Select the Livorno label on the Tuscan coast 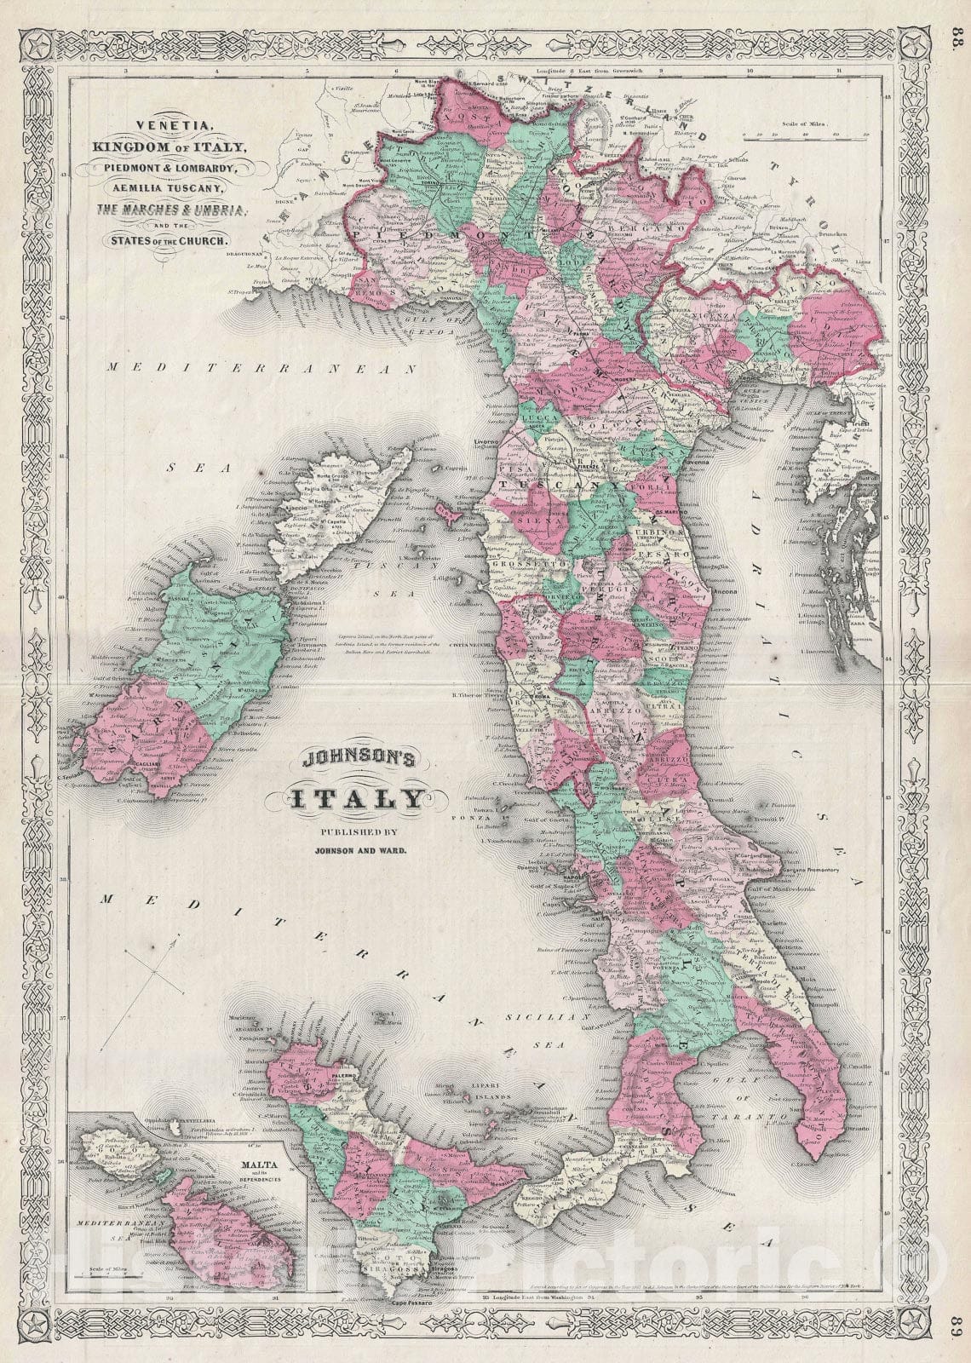pyautogui.click(x=478, y=442)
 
